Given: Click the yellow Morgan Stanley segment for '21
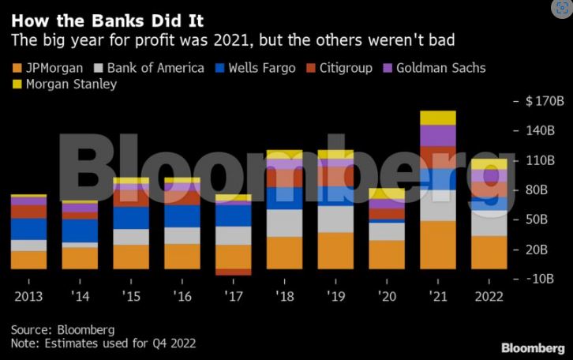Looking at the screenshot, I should tap(438, 118).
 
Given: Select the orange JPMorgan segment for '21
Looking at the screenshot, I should tap(438, 245).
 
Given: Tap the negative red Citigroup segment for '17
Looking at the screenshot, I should tap(234, 272).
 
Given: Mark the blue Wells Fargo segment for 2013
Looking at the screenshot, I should tap(28, 229).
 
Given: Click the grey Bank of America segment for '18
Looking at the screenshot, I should tap(285, 223).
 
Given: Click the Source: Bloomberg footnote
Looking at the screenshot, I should tap(63, 329).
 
